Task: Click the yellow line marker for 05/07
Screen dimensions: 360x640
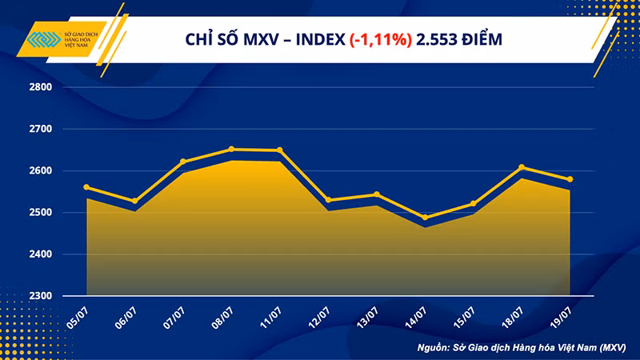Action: pyautogui.click(x=86, y=187)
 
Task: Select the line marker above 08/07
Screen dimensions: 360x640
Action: pyautogui.click(x=230, y=149)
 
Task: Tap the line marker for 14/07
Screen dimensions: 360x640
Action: pyautogui.click(x=424, y=218)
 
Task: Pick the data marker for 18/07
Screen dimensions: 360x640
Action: pyautogui.click(x=522, y=167)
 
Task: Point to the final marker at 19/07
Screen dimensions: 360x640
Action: pyautogui.click(x=570, y=179)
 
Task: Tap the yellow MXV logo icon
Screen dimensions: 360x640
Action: pyautogui.click(x=38, y=40)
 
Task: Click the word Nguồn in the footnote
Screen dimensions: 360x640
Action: pyautogui.click(x=437, y=348)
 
